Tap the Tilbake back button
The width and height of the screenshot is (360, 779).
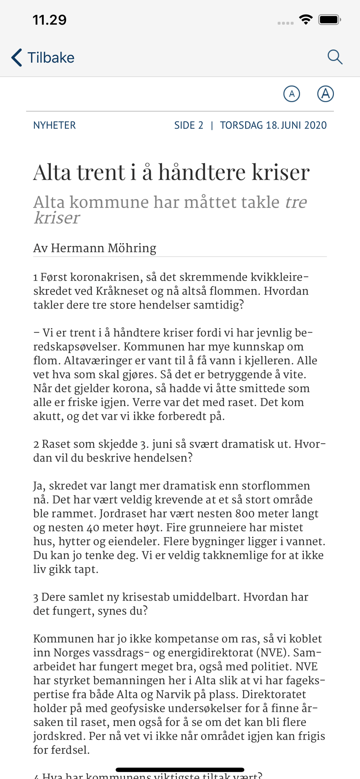pyautogui.click(x=43, y=58)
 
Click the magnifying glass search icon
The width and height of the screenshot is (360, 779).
pyautogui.click(x=335, y=57)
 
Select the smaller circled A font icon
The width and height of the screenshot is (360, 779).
pyautogui.click(x=291, y=94)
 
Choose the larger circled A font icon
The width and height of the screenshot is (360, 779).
pyautogui.click(x=325, y=93)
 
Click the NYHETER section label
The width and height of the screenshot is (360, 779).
pyautogui.click(x=55, y=125)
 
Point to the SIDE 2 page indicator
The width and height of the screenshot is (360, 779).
pyautogui.click(x=189, y=125)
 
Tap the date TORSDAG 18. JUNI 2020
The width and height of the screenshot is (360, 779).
pyautogui.click(x=273, y=125)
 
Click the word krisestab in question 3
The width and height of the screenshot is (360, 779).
pyautogui.click(x=146, y=597)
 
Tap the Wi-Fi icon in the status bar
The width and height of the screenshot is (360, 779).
pyautogui.click(x=306, y=19)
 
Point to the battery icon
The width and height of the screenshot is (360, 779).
pyautogui.click(x=330, y=19)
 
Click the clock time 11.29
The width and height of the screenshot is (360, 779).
pyautogui.click(x=49, y=20)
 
